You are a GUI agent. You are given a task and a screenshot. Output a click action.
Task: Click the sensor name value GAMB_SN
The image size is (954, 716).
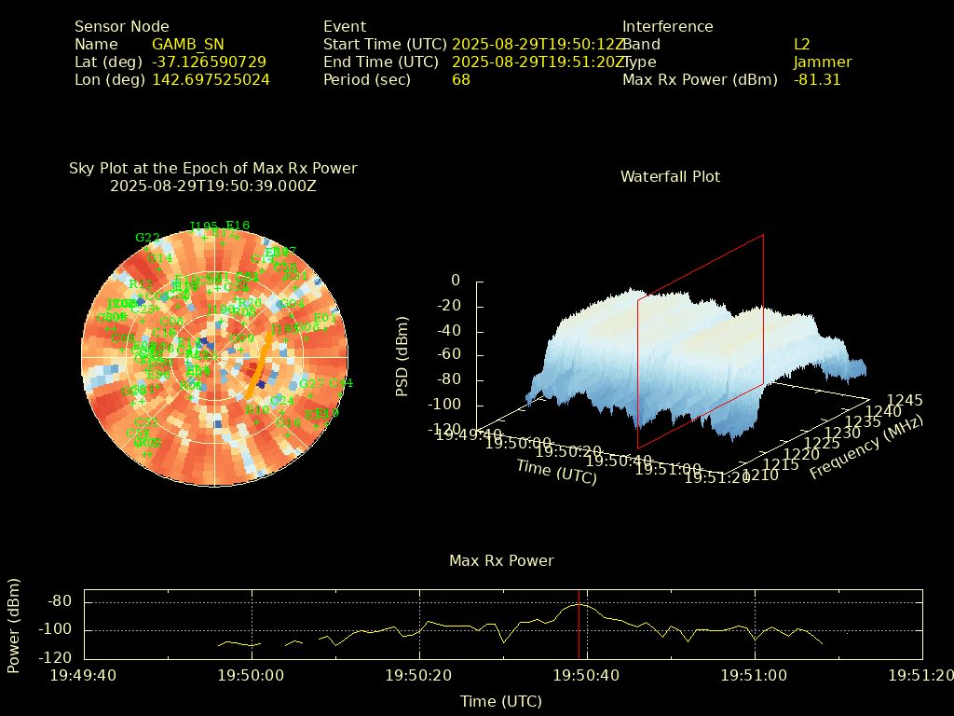click(x=187, y=44)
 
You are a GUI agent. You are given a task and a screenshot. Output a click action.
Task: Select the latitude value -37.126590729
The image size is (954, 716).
click(x=209, y=62)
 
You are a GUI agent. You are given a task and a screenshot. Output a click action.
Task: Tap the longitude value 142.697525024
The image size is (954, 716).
click(x=211, y=79)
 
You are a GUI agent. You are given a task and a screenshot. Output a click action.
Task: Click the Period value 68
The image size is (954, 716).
click(x=460, y=79)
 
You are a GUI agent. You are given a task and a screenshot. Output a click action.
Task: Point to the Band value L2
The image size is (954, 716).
click(x=801, y=44)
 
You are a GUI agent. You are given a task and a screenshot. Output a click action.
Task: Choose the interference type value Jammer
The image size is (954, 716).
click(x=822, y=62)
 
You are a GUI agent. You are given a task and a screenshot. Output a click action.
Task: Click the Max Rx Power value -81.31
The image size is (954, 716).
click(x=816, y=79)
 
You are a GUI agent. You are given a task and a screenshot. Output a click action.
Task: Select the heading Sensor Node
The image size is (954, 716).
click(x=122, y=26)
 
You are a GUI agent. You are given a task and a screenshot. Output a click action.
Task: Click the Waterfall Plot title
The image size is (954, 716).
click(x=670, y=176)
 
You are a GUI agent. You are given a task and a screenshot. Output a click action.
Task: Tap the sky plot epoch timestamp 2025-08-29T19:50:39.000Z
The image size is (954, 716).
click(x=212, y=186)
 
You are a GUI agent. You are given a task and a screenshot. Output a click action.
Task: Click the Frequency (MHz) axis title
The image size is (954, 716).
click(x=865, y=448)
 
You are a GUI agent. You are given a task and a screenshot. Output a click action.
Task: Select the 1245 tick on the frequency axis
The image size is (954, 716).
click(x=906, y=400)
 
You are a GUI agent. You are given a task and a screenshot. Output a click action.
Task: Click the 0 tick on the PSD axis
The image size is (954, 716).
click(x=455, y=281)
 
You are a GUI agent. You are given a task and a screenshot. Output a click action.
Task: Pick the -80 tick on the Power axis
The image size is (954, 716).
click(x=60, y=601)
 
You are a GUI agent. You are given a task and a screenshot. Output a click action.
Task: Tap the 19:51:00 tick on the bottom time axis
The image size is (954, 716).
click(x=755, y=674)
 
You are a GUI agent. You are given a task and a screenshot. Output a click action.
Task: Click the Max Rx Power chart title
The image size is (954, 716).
click(x=501, y=560)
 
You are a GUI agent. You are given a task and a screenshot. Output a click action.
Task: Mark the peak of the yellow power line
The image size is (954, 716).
click(x=579, y=603)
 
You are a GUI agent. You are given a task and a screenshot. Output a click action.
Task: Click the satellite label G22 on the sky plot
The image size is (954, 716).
click(x=147, y=238)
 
